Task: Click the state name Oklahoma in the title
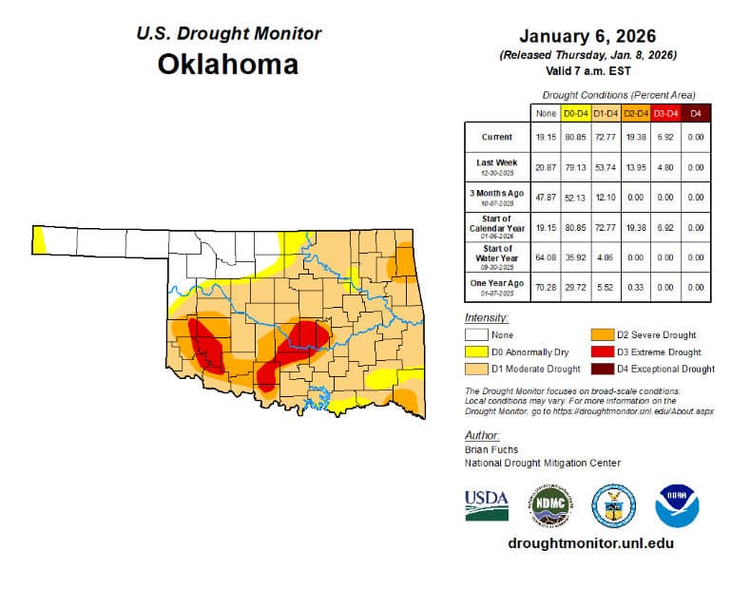(227, 65)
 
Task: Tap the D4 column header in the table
(695, 114)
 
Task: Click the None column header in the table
(546, 114)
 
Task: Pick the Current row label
(495, 137)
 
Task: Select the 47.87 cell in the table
(546, 197)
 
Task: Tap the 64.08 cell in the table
(546, 256)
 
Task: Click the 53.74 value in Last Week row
(605, 166)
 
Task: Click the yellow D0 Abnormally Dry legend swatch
(476, 351)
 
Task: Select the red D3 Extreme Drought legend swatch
(601, 351)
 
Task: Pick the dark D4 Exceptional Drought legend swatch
(601, 369)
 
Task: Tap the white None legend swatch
(476, 334)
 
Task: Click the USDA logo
(487, 505)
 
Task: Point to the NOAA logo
(677, 505)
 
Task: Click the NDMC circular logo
(550, 505)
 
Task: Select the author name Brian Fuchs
(491, 448)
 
